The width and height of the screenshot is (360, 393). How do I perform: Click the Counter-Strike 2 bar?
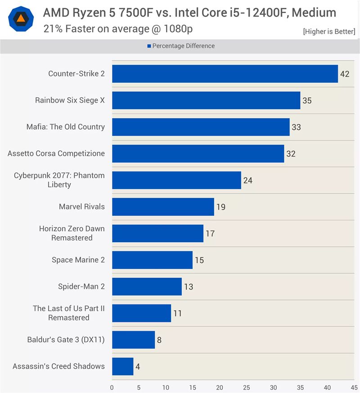225,74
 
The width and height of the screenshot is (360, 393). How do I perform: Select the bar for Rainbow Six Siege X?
206,100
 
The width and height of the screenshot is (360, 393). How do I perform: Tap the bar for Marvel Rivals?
163,207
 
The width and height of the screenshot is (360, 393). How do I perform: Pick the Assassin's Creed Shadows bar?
122,366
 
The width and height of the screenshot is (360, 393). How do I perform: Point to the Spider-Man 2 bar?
147,286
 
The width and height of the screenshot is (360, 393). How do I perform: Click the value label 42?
345,74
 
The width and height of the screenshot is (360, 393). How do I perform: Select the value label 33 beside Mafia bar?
296,127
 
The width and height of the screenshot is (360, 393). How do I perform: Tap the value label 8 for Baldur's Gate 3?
159,340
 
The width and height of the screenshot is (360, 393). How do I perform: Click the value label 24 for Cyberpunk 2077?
247,181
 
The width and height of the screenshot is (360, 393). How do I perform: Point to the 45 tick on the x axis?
354,387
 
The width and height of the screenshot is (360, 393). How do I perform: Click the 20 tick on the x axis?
220,387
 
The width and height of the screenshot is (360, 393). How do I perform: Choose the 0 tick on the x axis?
112,387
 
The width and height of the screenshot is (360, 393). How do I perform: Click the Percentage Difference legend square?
149,46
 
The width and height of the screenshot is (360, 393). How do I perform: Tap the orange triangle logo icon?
20,19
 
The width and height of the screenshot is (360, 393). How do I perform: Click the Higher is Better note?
329,32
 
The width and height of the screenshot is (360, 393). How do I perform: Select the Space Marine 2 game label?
78,260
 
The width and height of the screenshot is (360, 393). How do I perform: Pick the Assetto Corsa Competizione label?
56,154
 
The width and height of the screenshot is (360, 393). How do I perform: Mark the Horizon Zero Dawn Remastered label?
72,233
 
